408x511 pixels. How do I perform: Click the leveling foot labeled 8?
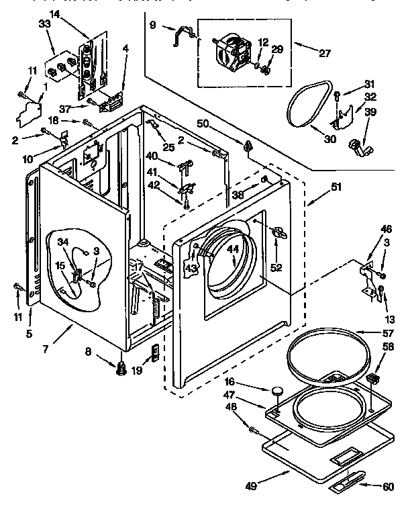121,368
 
